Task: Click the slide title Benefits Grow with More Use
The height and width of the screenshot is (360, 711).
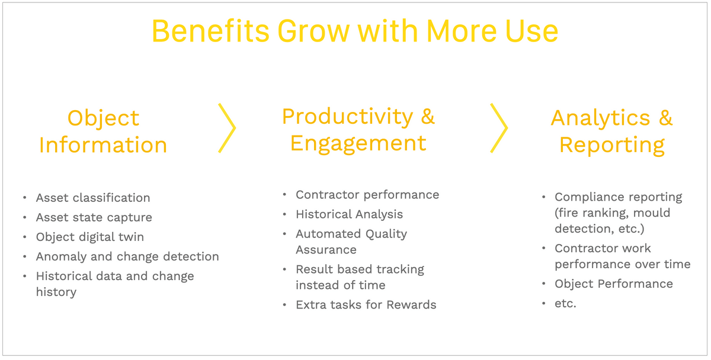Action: (355, 31)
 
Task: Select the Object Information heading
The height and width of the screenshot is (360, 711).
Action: (103, 131)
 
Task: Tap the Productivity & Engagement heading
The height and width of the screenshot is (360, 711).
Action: (358, 130)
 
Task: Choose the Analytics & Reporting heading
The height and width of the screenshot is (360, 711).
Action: (611, 131)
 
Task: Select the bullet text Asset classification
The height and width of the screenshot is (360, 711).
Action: (93, 198)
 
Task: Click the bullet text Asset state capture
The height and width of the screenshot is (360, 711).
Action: (94, 217)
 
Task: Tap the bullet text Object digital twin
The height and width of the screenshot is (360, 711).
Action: (90, 237)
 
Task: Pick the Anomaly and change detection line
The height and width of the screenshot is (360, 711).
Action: (127, 256)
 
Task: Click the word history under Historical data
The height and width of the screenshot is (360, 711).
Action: (56, 292)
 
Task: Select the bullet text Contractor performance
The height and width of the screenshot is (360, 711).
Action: (367, 194)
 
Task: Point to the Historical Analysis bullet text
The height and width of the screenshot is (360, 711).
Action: (350, 214)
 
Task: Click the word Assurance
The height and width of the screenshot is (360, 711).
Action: (326, 250)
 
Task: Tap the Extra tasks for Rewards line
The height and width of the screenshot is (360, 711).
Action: (366, 304)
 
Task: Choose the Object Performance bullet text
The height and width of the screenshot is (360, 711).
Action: (614, 284)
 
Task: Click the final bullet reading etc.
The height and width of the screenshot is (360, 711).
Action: (565, 304)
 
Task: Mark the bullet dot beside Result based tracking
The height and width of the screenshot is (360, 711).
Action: (284, 269)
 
